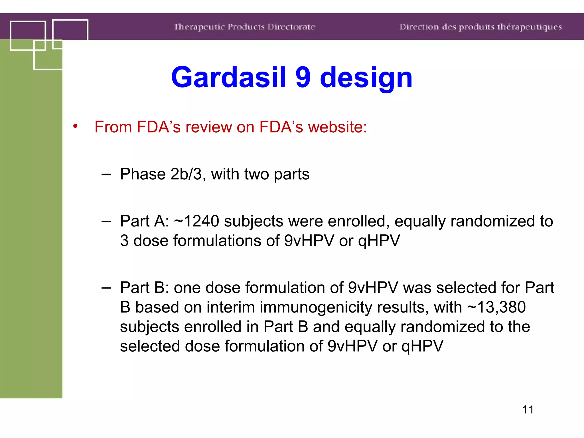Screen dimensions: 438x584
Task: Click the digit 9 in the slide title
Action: [x=303, y=77]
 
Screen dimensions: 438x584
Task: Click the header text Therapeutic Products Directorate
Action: [x=244, y=27]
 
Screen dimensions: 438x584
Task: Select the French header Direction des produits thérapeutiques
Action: [x=480, y=27]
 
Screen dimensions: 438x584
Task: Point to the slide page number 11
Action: [x=528, y=409]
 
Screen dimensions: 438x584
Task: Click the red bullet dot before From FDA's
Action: [x=75, y=126]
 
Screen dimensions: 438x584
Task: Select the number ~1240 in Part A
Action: [x=196, y=221]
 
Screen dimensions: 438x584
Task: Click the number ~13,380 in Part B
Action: [x=496, y=307]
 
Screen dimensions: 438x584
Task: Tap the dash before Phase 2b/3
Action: [x=106, y=174]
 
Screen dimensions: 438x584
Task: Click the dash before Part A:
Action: [x=106, y=221]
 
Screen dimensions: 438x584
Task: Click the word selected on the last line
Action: [x=150, y=346]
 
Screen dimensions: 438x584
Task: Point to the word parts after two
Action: [x=291, y=175]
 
